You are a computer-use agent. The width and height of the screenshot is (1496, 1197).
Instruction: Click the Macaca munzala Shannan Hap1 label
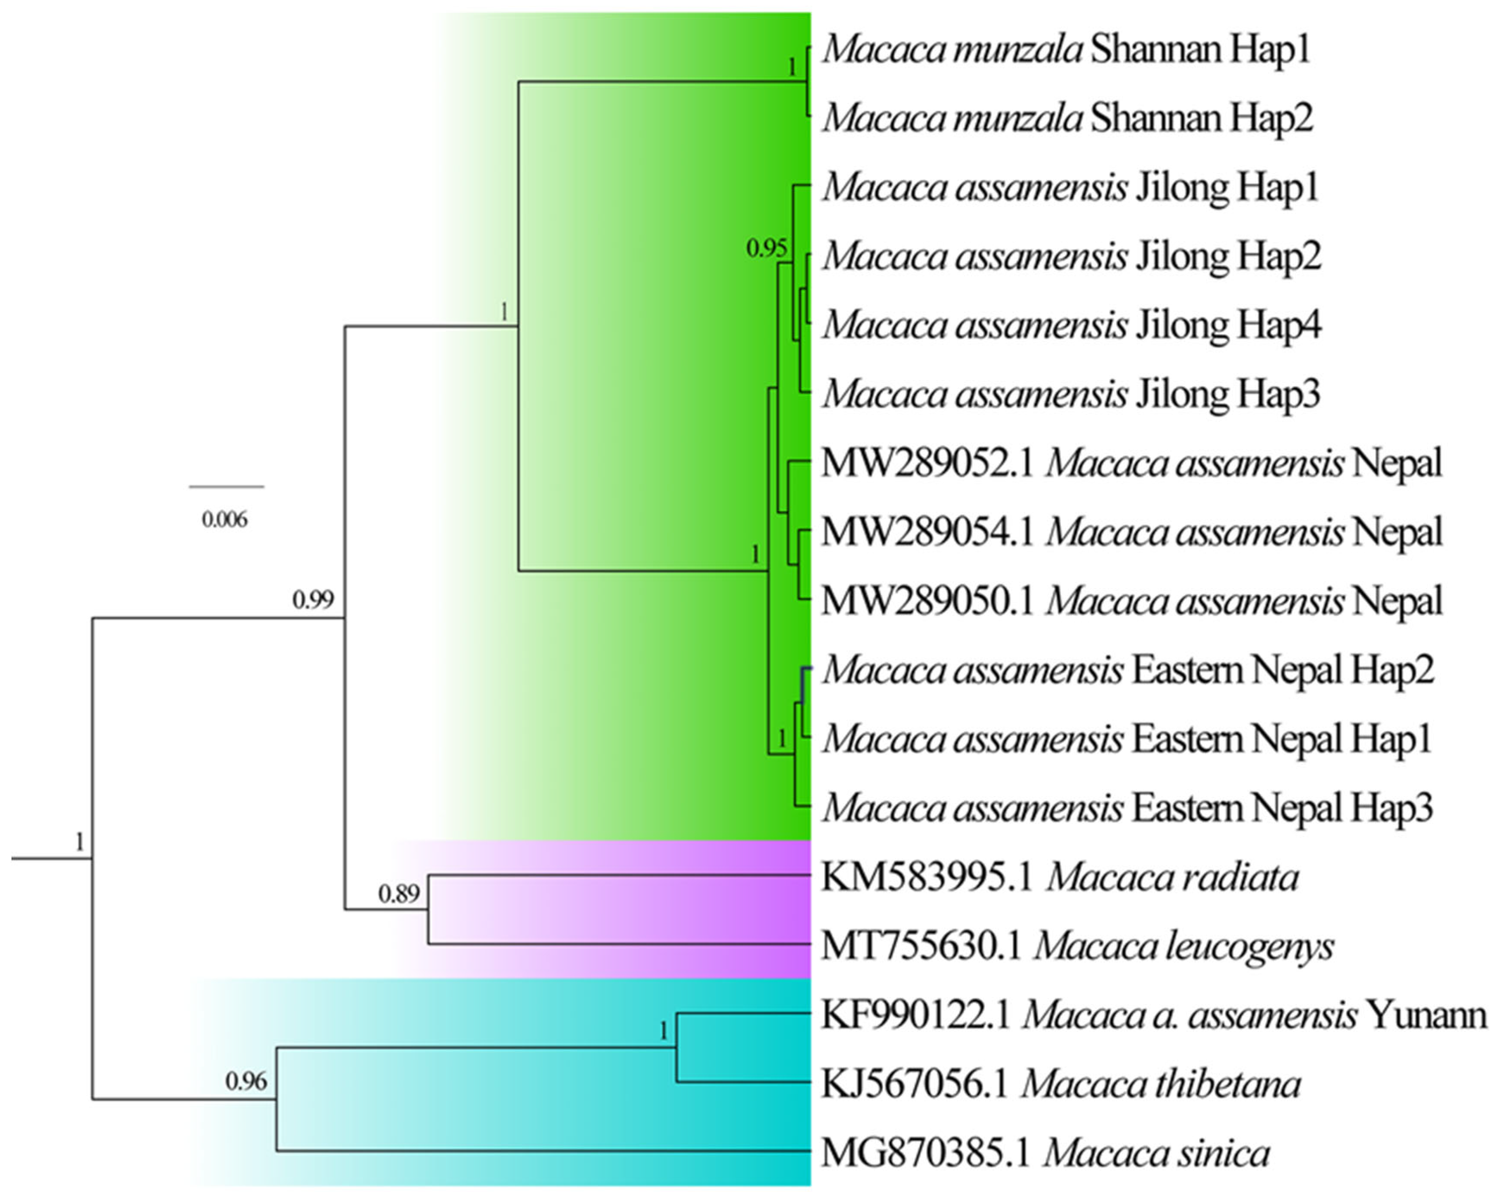click(1066, 50)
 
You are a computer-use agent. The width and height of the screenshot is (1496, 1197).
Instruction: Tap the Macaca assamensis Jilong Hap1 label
click(1071, 187)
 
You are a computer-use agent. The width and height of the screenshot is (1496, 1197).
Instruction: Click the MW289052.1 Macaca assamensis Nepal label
click(1132, 463)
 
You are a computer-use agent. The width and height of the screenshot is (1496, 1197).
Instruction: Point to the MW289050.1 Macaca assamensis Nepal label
click(1132, 601)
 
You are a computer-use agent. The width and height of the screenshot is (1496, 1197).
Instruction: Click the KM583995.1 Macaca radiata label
click(1060, 877)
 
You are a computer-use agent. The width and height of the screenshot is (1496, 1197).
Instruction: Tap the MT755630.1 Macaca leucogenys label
click(1077, 946)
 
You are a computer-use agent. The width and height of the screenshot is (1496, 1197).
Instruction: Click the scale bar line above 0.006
click(226, 487)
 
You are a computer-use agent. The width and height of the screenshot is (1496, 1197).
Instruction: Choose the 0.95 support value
click(766, 248)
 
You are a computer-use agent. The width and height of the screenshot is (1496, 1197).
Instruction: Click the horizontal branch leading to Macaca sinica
click(541, 1151)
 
